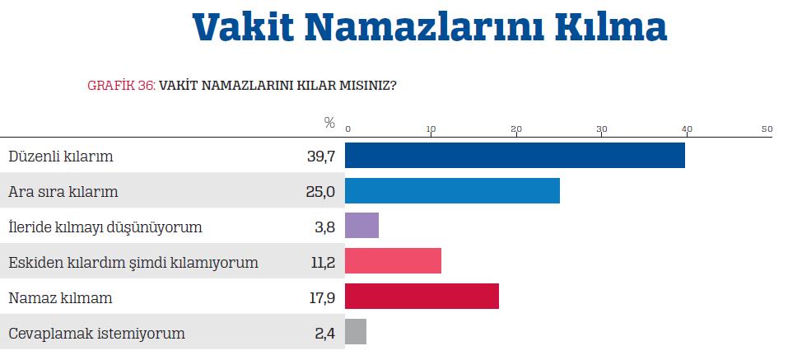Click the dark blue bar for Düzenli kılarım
click(515, 155)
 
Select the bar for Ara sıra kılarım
click(452, 190)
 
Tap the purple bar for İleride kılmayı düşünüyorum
click(361, 226)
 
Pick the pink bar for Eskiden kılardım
click(393, 261)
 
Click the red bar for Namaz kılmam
click(422, 297)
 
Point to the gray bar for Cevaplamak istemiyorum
click(356, 332)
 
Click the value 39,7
click(320, 157)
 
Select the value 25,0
click(320, 192)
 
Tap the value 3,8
click(324, 227)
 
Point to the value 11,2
click(321, 263)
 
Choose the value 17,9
click(321, 298)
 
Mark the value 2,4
click(324, 334)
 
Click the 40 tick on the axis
click(686, 129)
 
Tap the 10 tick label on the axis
click(431, 129)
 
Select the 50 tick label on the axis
click(767, 129)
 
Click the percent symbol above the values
click(329, 124)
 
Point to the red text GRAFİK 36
click(121, 85)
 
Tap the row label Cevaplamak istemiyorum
click(96, 334)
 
